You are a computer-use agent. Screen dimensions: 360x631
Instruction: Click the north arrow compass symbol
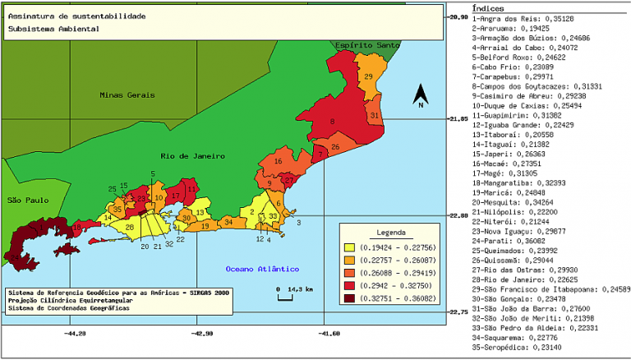point(420,96)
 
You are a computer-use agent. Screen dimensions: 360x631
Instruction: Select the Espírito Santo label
point(367,44)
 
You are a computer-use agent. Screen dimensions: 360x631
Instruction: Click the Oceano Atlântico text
point(262,269)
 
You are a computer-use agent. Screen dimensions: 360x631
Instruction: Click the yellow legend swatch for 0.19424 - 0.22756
point(350,247)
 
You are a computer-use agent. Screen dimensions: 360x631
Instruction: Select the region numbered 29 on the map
point(369,76)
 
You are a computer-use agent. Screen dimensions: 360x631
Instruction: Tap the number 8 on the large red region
point(332,122)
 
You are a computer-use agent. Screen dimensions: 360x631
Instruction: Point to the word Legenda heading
point(391,232)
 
